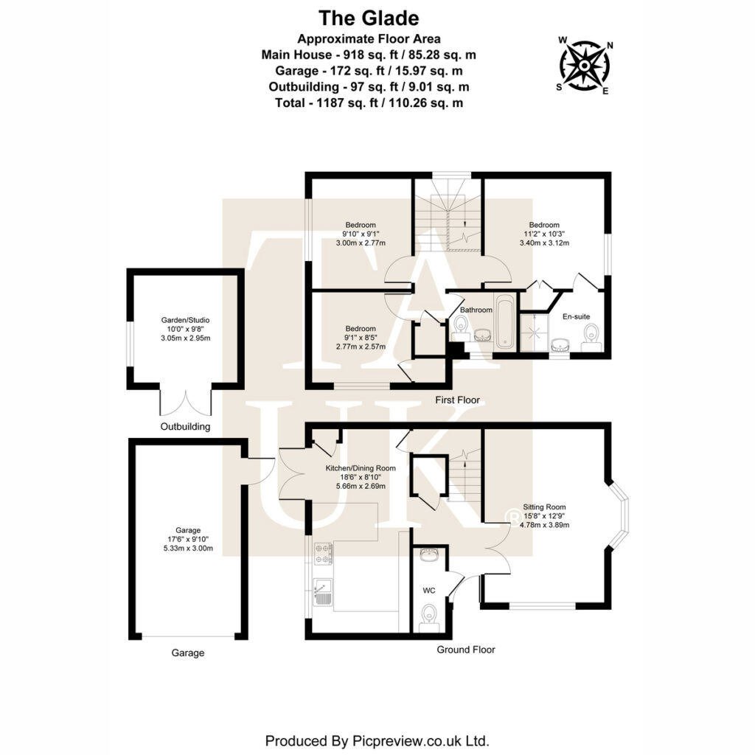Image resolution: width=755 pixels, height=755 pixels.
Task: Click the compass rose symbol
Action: tap(584, 66)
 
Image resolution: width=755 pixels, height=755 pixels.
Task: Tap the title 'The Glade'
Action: tap(369, 18)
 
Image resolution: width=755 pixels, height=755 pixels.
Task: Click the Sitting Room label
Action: tap(544, 507)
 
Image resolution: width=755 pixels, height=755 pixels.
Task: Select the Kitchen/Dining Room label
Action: tap(361, 467)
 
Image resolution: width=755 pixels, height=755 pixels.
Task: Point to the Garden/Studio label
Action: tap(185, 320)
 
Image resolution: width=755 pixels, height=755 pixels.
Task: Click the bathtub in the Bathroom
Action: tap(505, 323)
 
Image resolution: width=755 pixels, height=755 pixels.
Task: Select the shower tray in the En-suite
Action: tap(535, 333)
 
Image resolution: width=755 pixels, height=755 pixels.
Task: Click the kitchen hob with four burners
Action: tap(323, 554)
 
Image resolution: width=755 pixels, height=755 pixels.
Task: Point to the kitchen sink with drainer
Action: tap(322, 592)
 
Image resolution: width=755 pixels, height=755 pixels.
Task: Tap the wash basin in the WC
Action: tap(428, 555)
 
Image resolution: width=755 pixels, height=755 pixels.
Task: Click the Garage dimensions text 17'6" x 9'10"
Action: tap(188, 539)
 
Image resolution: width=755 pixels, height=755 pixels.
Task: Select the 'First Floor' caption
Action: tap(457, 400)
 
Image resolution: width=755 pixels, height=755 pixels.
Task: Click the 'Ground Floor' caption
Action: tap(466, 650)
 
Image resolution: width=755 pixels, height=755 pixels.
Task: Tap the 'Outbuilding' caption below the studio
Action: tap(185, 427)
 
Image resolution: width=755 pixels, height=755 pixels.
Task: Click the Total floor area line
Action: tap(369, 102)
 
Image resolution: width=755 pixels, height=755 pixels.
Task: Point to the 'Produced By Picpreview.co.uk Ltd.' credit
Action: tap(377, 740)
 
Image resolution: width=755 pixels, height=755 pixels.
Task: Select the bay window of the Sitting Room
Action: tap(619, 515)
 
